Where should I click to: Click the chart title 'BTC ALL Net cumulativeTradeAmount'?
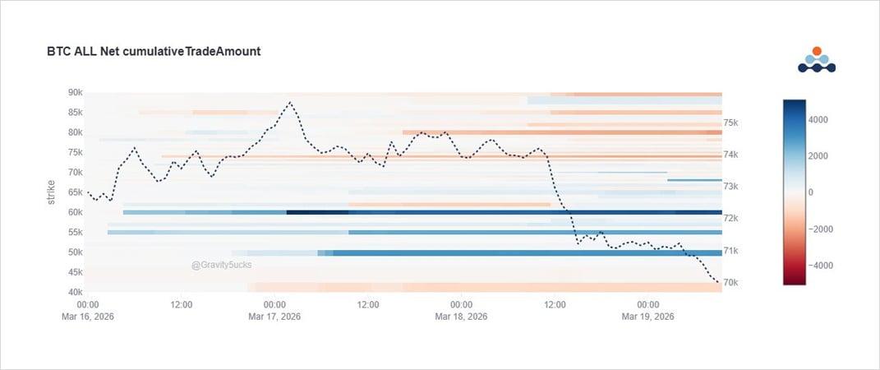[154, 52]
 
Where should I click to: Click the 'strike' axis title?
[51, 192]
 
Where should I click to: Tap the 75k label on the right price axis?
[731, 123]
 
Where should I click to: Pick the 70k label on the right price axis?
[731, 283]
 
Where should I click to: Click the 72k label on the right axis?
[731, 219]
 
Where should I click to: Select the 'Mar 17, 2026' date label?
[274, 317]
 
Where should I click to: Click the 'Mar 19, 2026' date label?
[648, 317]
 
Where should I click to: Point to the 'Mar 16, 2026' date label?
[88, 317]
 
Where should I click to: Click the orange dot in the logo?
[817, 51]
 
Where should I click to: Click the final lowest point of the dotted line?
[719, 284]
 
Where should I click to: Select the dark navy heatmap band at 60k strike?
[317, 212]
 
